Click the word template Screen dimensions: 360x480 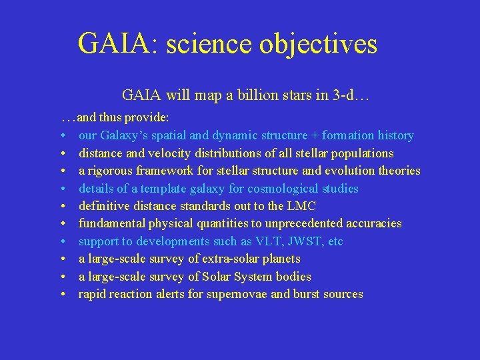click(145, 189)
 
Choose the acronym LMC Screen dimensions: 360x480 click(301, 206)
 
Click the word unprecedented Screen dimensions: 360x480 click(311, 223)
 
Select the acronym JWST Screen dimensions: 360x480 click(304, 241)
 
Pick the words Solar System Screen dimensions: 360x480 click(231, 277)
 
